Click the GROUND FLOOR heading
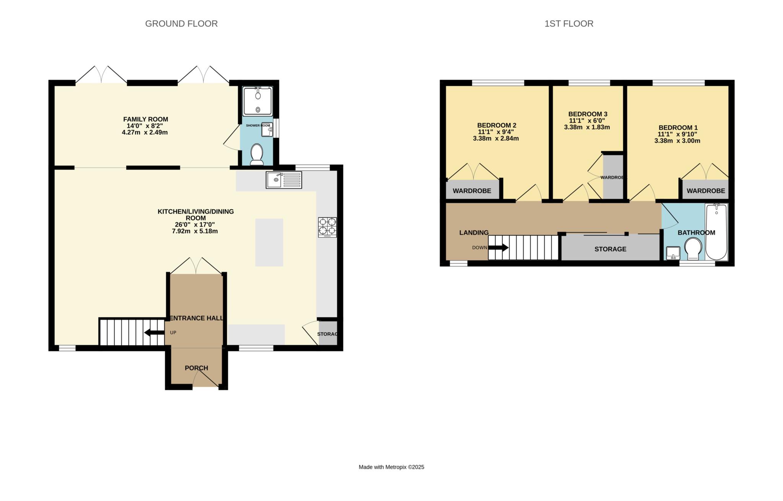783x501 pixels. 181,24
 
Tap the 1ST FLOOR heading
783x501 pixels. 569,24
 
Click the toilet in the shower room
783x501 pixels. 257,154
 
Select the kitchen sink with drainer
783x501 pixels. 284,180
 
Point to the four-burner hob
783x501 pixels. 327,227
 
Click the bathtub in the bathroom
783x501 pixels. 716,232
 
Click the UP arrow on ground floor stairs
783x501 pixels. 154,333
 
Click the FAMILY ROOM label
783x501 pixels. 145,119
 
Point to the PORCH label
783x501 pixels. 197,368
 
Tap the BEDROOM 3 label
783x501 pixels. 588,114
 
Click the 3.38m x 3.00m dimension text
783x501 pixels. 677,141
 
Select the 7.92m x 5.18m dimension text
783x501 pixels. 195,231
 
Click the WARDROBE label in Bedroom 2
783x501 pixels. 472,191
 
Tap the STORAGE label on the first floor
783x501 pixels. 610,249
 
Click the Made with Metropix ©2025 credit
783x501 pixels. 391,467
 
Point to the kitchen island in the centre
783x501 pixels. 269,242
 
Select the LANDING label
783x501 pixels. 474,233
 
